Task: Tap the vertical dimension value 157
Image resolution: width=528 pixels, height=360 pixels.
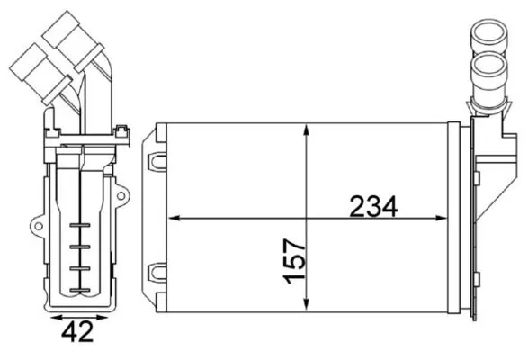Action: point(294,261)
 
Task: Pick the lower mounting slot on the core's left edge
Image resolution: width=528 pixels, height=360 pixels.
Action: point(157,270)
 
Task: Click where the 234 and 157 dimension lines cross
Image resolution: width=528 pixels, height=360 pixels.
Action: point(308,218)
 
